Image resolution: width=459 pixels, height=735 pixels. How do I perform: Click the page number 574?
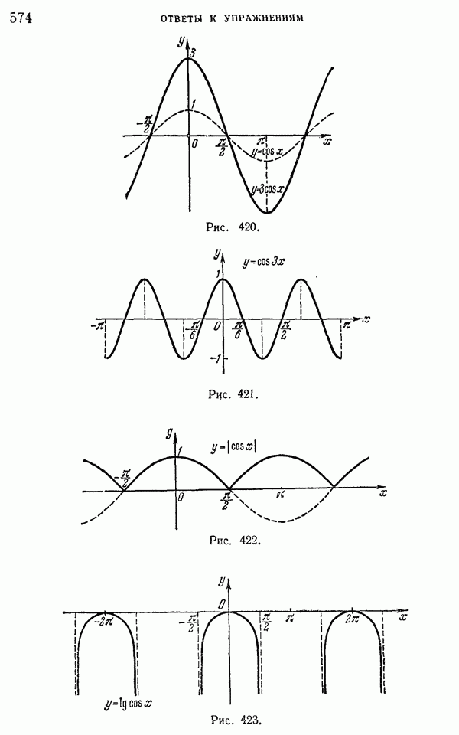coord(20,18)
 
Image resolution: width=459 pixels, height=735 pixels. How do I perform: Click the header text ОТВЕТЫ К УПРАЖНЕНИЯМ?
coord(232,18)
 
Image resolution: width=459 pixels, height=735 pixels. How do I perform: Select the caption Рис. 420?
coord(233,227)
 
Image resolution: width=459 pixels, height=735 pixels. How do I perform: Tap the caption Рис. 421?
coord(233,394)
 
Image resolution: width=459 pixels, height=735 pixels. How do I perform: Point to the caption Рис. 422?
coord(234,540)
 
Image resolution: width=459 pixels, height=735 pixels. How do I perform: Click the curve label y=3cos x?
coord(267,189)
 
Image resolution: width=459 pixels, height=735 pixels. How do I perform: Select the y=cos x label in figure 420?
coord(267,152)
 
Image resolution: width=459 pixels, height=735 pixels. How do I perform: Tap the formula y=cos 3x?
coord(263,262)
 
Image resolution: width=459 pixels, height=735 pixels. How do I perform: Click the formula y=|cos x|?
coord(233,446)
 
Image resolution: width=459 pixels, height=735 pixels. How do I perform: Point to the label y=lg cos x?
coord(129,704)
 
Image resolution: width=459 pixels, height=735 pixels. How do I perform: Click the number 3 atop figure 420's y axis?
coord(192,53)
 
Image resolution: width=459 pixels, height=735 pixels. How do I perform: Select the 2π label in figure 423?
coord(352,619)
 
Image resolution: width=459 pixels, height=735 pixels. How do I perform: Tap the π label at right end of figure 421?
coord(346,325)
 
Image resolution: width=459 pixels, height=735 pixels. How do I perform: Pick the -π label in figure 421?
coord(97,325)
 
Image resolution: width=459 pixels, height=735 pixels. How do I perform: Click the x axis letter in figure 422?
coord(383,493)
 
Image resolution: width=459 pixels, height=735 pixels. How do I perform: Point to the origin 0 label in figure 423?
coord(222,605)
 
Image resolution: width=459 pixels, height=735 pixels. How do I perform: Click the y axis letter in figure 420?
coord(181,41)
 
